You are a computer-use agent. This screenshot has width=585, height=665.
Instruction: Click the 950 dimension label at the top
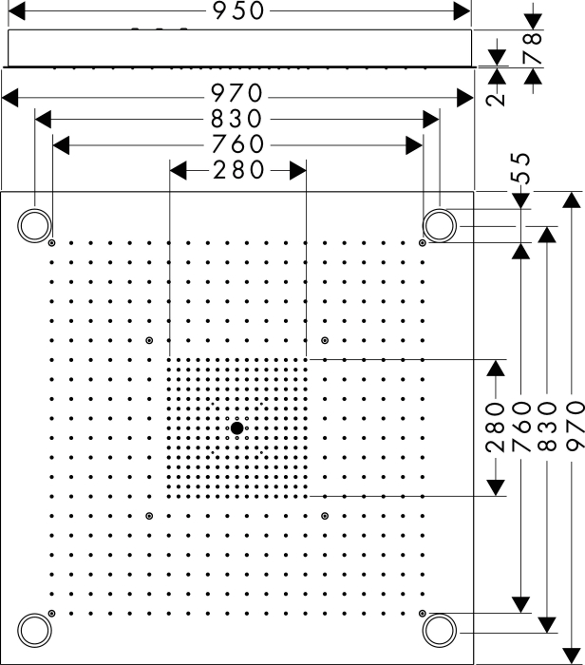coord(238,10)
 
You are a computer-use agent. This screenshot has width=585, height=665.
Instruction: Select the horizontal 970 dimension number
coord(237,93)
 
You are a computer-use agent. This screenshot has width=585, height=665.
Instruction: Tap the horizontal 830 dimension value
coord(237,119)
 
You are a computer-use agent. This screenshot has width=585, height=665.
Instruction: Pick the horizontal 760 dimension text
coord(237,144)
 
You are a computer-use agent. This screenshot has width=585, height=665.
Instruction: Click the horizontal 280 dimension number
coord(238,170)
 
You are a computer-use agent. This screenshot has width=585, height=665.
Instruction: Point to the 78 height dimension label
coord(533,47)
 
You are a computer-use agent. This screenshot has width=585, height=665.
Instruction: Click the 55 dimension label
coord(521,168)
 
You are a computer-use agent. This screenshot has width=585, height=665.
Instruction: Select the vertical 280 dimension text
coord(495,427)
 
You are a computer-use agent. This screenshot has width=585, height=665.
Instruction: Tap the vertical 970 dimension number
coord(575,426)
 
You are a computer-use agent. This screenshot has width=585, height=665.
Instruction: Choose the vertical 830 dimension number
coord(547,427)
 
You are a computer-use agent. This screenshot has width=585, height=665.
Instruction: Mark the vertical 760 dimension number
coord(521,427)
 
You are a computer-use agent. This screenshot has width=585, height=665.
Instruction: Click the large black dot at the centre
coord(237,427)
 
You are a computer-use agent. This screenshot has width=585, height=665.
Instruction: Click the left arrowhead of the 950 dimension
coord(16,10)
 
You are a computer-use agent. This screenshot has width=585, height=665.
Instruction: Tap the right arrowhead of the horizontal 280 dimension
coord(298,170)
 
